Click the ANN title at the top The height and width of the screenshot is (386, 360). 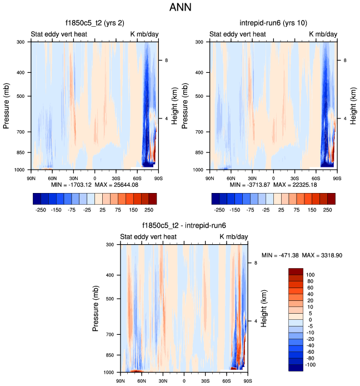pyautogui.click(x=179, y=9)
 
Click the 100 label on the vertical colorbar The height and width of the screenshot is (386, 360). pyautogui.click(x=311, y=275)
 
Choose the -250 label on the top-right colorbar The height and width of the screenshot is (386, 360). pyautogui.click(x=220, y=211)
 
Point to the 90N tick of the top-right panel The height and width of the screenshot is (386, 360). pyautogui.click(x=209, y=177)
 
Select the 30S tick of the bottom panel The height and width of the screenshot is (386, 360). pyautogui.click(x=205, y=380)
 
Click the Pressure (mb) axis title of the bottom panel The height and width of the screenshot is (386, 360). pyautogui.click(x=96, y=308)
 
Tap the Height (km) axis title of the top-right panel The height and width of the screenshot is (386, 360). pyautogui.click(x=353, y=105)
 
